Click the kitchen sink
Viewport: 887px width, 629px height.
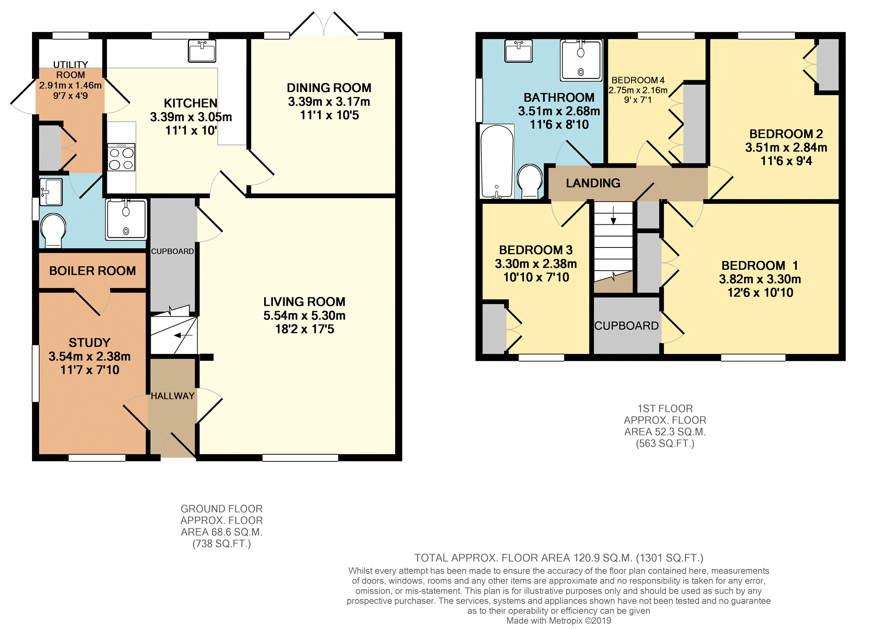click(202, 51)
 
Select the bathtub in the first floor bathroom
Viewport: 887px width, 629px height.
click(497, 162)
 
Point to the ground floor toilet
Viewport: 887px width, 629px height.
click(53, 230)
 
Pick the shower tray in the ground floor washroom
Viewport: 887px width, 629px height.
click(126, 219)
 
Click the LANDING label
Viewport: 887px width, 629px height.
click(593, 183)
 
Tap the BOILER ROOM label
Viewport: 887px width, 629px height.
click(92, 271)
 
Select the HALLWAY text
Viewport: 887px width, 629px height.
click(173, 396)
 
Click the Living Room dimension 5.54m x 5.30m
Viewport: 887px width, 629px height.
click(304, 315)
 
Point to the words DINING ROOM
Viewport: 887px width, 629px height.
click(329, 88)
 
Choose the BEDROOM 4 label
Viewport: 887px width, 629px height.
click(638, 80)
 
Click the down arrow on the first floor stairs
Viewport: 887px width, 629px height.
click(613, 215)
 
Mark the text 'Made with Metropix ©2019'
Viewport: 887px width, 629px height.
click(558, 621)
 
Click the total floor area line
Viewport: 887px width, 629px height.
click(559, 558)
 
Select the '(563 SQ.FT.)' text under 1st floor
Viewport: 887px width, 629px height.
click(665, 444)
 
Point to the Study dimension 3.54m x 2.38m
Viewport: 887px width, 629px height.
click(90, 356)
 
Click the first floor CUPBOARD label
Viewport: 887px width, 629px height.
click(626, 326)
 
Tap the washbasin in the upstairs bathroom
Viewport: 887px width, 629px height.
click(519, 51)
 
